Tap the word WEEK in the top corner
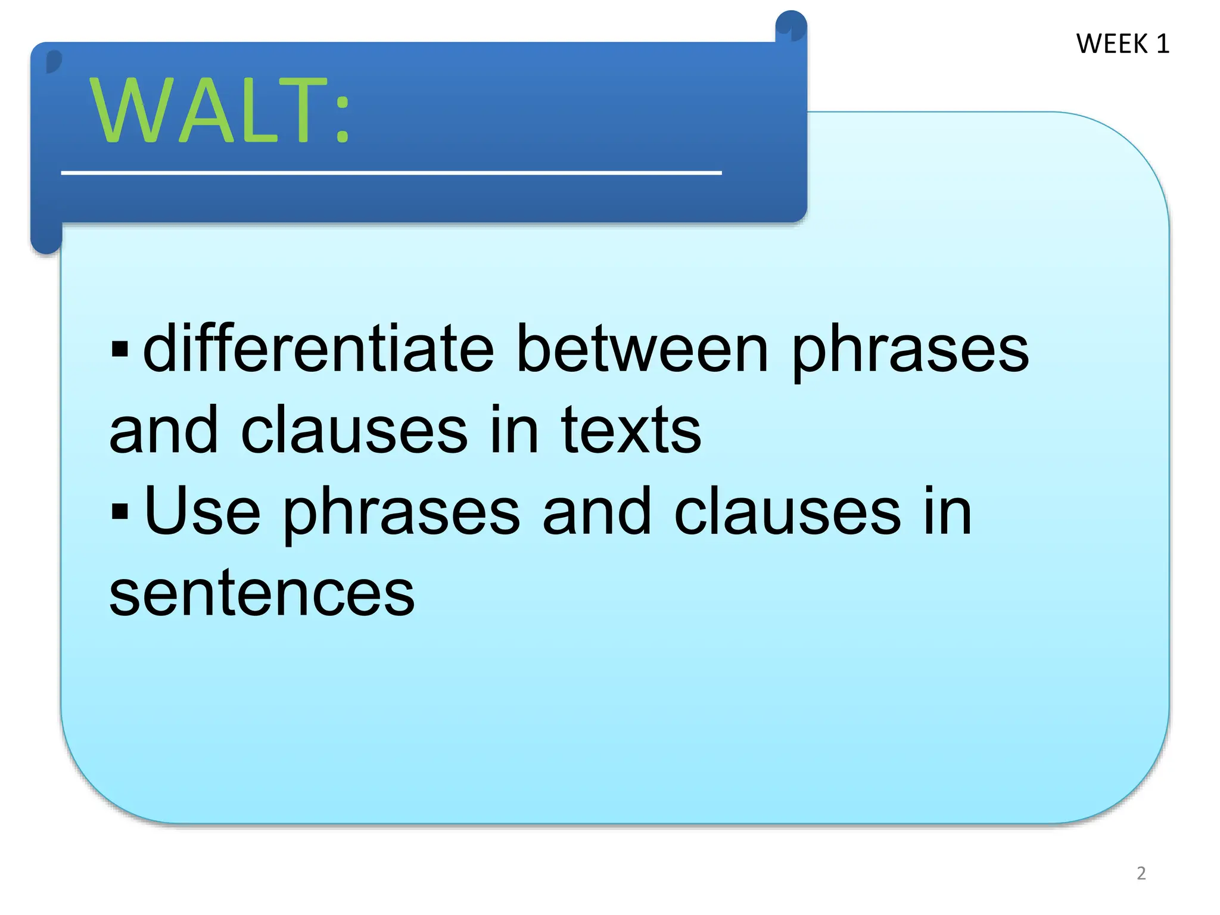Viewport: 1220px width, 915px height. pyautogui.click(x=1112, y=44)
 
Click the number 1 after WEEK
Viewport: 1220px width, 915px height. pyautogui.click(x=1163, y=44)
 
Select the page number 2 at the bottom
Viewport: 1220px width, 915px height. pyautogui.click(x=1141, y=873)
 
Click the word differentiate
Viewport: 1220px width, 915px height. pyautogui.click(x=319, y=348)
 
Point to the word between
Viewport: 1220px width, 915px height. pyautogui.click(x=642, y=348)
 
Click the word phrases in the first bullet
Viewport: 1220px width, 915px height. pyautogui.click(x=910, y=351)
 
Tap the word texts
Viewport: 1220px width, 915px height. pyautogui.click(x=631, y=430)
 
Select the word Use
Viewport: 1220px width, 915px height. pyautogui.click(x=203, y=512)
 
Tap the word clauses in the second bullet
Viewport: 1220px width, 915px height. pyautogui.click(x=787, y=512)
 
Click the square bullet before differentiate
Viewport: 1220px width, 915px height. pyautogui.click(x=120, y=348)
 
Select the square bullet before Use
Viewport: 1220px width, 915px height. pyautogui.click(x=120, y=511)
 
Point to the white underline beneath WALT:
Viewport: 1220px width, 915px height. pyautogui.click(x=391, y=173)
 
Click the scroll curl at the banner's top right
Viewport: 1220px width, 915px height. pyautogui.click(x=790, y=27)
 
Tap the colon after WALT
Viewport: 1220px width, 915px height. pyautogui.click(x=342, y=119)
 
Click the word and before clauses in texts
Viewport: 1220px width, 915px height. pyautogui.click(x=164, y=430)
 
